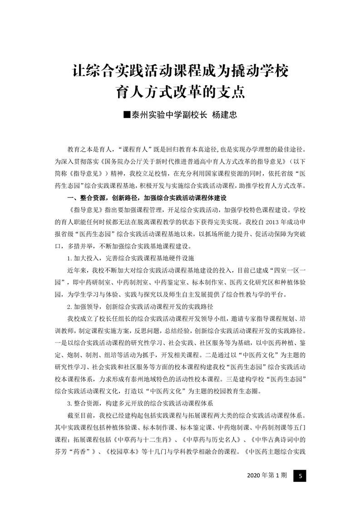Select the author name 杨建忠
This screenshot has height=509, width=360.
pos(225,115)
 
